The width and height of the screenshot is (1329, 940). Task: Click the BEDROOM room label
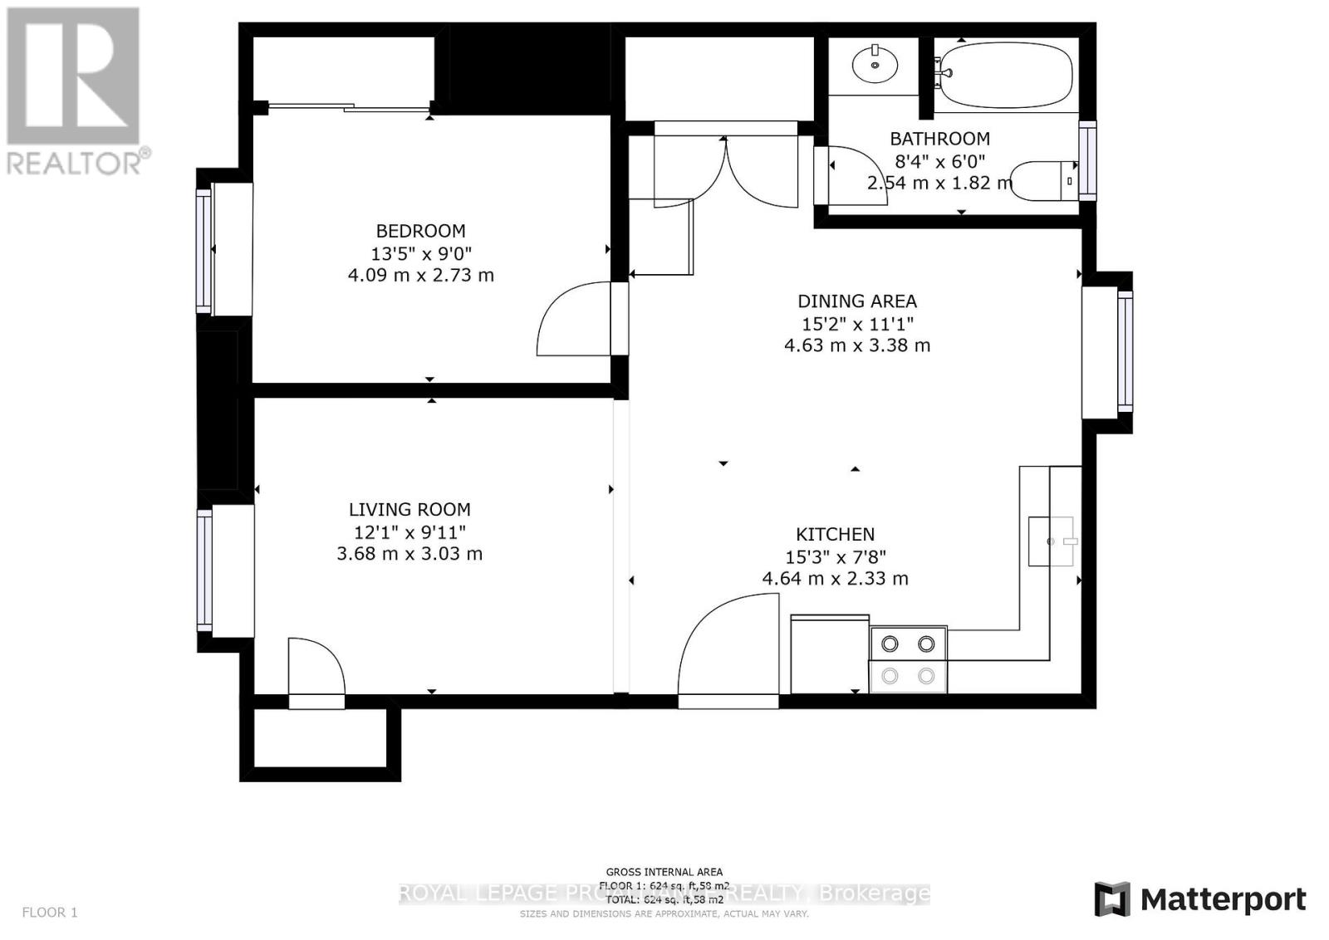[x=420, y=231]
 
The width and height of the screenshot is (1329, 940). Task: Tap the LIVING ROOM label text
[x=409, y=510]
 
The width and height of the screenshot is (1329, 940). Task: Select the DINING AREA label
[x=857, y=301]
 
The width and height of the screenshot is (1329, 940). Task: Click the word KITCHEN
[x=835, y=535]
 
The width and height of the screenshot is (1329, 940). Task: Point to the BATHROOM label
[x=939, y=139]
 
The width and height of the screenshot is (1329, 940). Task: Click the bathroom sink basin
[x=875, y=64]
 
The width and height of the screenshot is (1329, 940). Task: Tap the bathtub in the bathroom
[x=1005, y=72]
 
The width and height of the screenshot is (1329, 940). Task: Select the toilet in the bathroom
[x=1047, y=180]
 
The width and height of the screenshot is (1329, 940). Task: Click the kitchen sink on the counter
[x=1052, y=541]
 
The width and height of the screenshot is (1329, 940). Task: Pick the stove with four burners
[x=908, y=659]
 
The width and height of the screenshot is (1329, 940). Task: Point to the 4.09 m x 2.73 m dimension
[x=420, y=275]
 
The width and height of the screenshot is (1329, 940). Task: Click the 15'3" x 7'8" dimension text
[x=835, y=557]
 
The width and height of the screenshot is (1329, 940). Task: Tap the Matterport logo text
[x=1223, y=899]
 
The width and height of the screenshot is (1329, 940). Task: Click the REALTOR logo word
[x=75, y=162]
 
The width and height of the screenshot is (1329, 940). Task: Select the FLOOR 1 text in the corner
[x=50, y=913]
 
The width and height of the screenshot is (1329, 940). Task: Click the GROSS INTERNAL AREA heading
[x=664, y=872]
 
